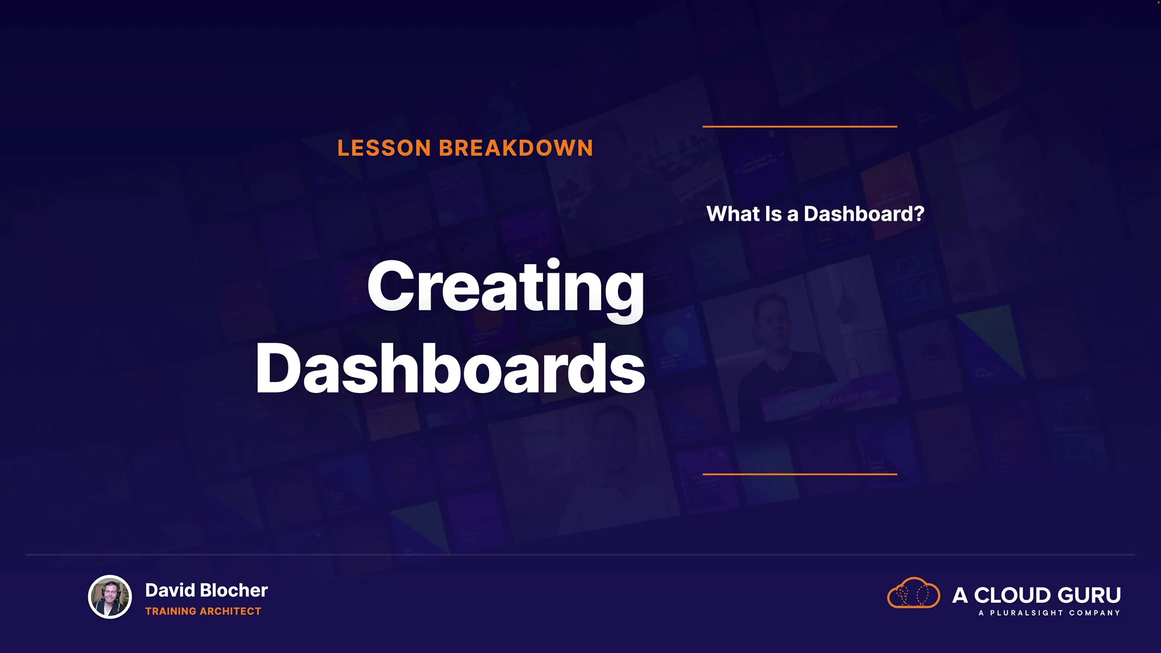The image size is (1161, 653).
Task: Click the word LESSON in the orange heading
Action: click(384, 148)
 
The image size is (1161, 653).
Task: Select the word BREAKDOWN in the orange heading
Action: click(516, 148)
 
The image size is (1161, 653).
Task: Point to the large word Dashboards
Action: click(450, 368)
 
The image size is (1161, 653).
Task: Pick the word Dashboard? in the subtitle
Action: click(864, 213)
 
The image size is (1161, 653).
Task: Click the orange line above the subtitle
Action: click(799, 126)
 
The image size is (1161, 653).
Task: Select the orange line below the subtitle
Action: click(799, 474)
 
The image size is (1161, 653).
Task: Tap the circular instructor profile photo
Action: click(110, 597)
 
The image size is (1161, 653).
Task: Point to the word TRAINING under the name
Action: click(171, 611)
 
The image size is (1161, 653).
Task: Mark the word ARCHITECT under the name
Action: click(231, 611)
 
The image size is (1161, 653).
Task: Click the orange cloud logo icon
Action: click(913, 593)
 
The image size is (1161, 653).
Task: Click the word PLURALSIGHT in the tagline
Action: click(1026, 613)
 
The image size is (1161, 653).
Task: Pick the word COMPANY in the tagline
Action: click(1094, 613)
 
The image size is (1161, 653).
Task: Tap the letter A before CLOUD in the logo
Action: click(960, 595)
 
